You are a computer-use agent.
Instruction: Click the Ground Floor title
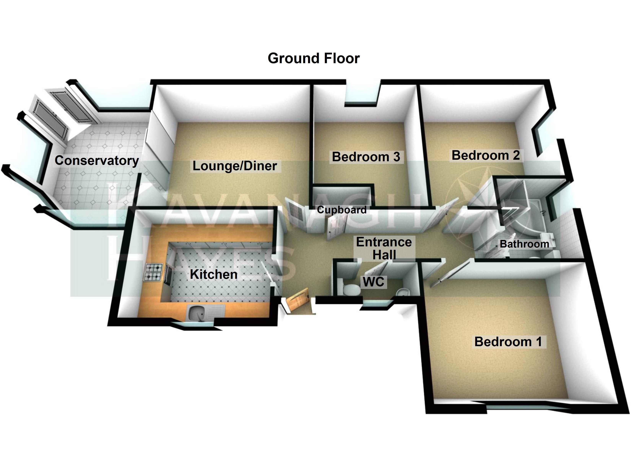pos(314,58)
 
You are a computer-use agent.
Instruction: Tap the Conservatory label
pos(97,160)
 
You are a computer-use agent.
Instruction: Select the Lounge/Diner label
pos(235,166)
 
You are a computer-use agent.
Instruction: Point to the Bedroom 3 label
pos(366,157)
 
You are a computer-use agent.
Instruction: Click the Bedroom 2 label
pos(485,155)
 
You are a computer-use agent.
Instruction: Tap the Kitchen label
pos(214,274)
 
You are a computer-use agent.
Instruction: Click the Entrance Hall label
pos(384,248)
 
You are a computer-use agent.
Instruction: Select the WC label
pos(373,282)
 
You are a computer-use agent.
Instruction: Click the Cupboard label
pos(342,210)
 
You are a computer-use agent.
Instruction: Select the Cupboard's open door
pos(335,228)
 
